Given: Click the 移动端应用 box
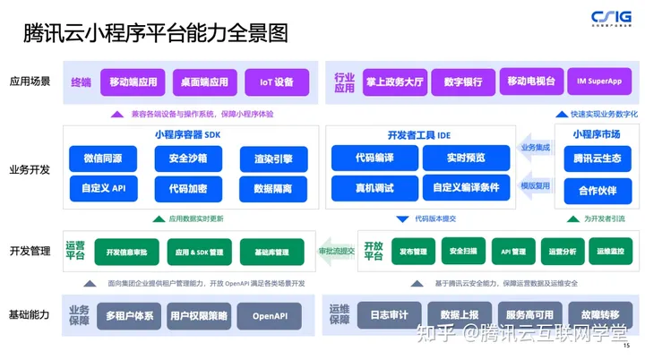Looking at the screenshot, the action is tap(133, 81).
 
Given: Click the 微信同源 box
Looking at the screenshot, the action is tap(102, 159).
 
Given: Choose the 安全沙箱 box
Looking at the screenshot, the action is tap(186, 159).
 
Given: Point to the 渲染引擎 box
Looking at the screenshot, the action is tap(272, 159).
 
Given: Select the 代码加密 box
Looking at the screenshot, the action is tap(186, 189).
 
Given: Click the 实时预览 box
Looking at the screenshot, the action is tap(466, 159).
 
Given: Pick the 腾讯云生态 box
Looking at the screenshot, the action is tap(597, 159).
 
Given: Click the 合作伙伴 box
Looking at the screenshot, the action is tap(597, 190).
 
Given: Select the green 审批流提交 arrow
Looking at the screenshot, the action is tap(338, 252).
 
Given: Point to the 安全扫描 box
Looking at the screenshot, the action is tap(463, 252).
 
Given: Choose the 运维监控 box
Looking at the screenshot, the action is tap(609, 252).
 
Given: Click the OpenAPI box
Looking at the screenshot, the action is tap(272, 315).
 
